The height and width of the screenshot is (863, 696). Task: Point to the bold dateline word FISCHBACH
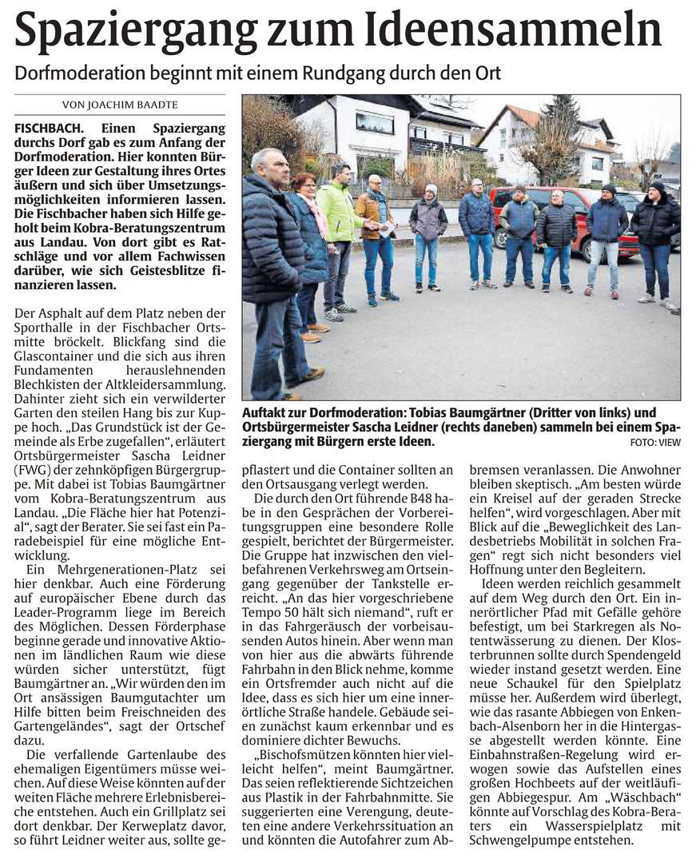point(50,128)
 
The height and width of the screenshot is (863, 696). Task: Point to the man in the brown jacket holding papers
point(375,236)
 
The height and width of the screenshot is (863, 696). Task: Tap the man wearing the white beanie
point(430,232)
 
